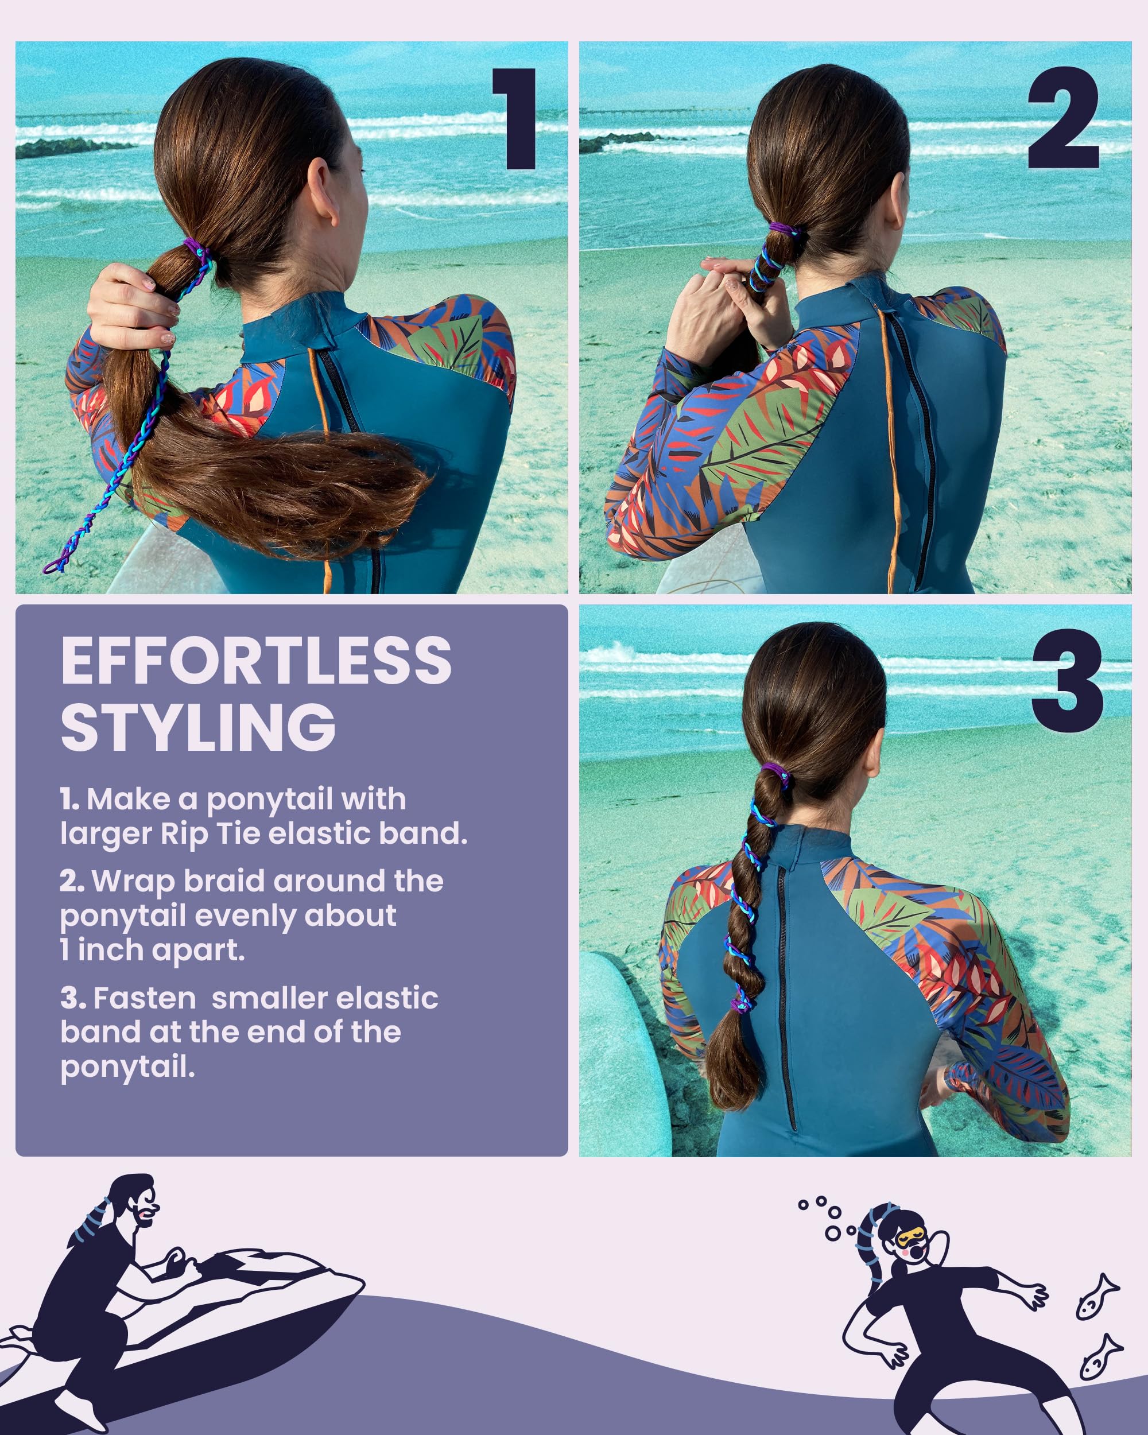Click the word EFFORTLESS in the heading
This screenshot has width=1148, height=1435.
(256, 660)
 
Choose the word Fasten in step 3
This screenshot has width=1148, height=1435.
(145, 998)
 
